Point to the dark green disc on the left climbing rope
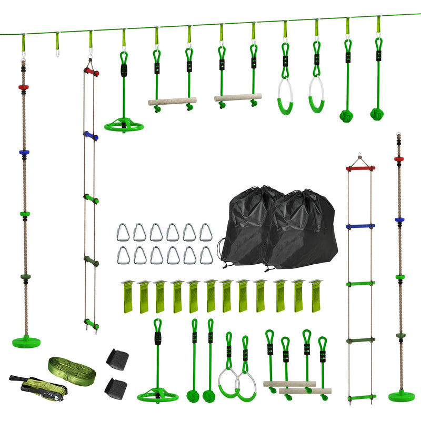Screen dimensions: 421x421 24,277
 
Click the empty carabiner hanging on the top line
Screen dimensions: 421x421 57,45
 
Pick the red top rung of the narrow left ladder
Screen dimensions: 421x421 92,71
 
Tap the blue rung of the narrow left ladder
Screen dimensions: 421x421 91,136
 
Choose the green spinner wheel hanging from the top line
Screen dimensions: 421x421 124,126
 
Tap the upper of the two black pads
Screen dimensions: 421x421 116,358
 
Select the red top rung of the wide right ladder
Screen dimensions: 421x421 360,168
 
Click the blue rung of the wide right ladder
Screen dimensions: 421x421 360,227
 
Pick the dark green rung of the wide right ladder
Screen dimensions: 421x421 360,340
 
